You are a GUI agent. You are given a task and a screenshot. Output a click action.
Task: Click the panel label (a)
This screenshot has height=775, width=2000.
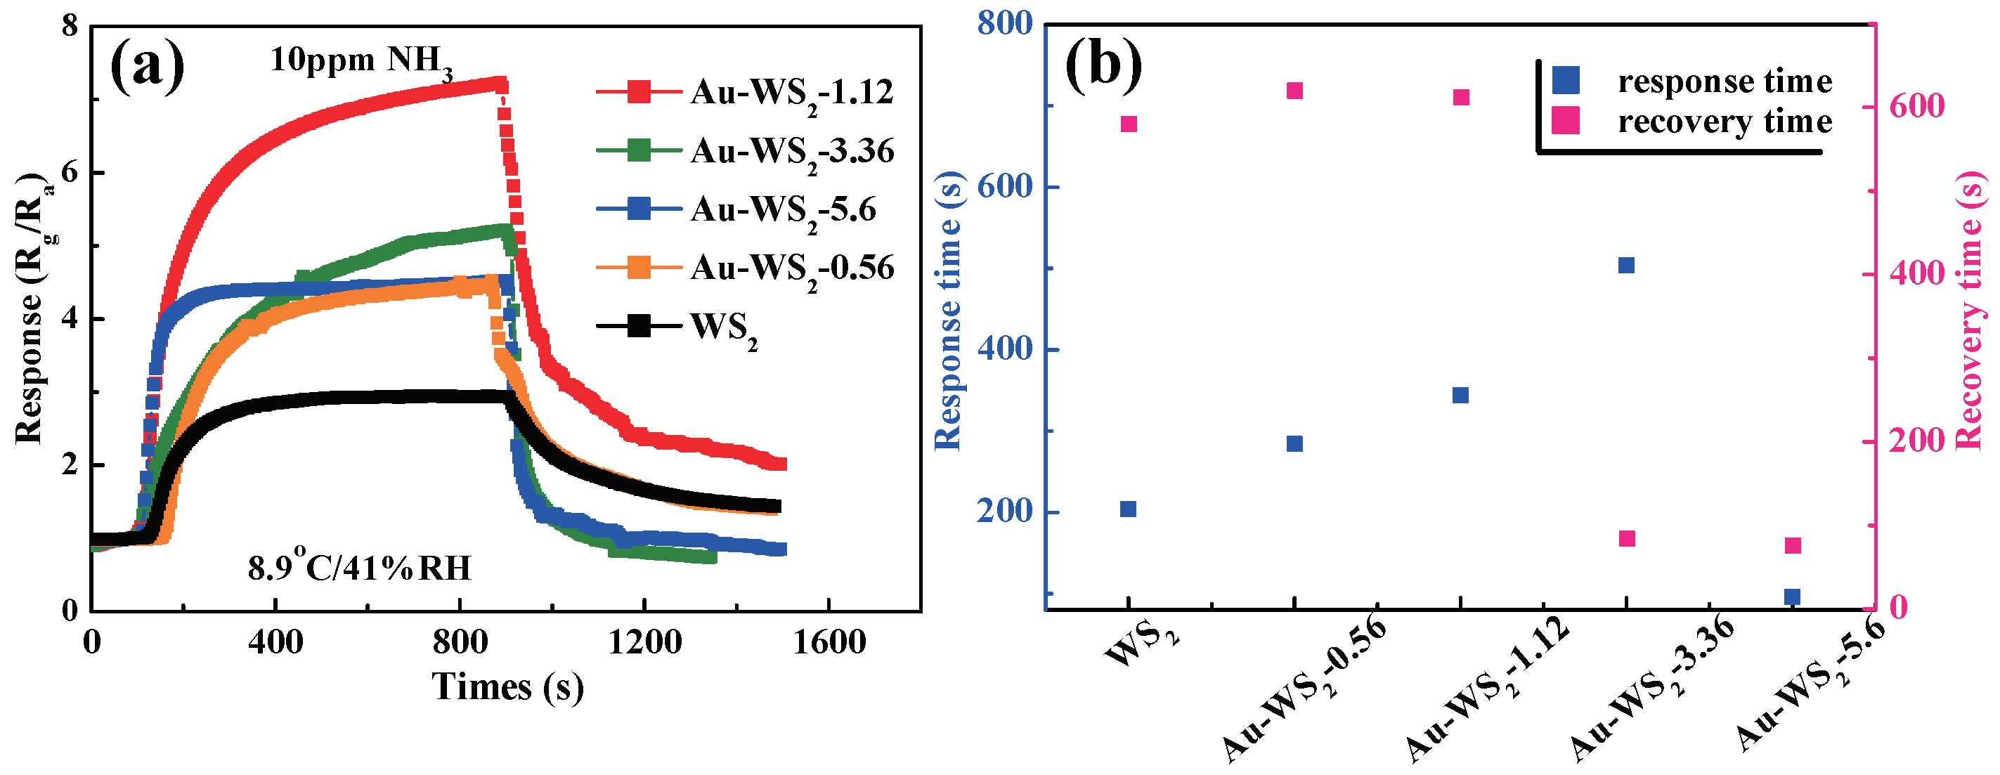(x=148, y=67)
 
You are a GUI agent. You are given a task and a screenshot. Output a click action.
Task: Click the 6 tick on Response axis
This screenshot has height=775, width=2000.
(x=70, y=172)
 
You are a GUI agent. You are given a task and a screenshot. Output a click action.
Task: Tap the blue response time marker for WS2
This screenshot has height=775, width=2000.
(x=1128, y=509)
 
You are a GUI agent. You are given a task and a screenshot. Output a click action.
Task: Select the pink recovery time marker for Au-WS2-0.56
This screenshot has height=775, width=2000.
(x=1294, y=91)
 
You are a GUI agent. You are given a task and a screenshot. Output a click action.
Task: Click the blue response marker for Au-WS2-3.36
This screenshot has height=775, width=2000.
(x=1627, y=266)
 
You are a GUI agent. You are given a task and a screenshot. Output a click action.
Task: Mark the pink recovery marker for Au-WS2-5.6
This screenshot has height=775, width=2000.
(x=1793, y=546)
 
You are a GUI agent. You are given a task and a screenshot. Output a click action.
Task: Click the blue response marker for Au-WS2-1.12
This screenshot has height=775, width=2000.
(x=1460, y=396)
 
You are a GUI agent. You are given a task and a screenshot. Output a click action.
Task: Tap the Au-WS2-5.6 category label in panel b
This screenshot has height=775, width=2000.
(x=1809, y=687)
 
